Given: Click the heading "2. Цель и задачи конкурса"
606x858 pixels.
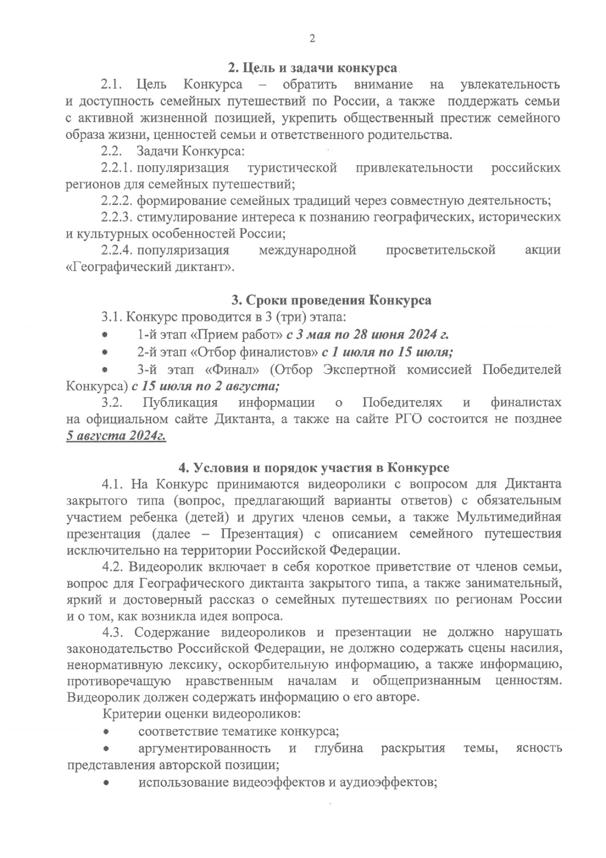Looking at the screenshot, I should coord(313,68).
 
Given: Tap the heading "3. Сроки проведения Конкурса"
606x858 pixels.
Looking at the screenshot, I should coord(331,300).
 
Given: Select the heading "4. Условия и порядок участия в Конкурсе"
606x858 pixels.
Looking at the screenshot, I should coord(313,467).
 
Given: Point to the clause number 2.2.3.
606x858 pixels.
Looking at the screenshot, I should coord(117,217).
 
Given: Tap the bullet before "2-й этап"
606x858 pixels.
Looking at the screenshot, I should coord(107,352).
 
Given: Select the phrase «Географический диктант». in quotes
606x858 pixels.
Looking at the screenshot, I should coord(150,267).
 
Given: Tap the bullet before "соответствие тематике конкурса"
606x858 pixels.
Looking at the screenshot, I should coord(107,731).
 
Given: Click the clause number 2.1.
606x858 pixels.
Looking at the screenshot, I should coord(113,85).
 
